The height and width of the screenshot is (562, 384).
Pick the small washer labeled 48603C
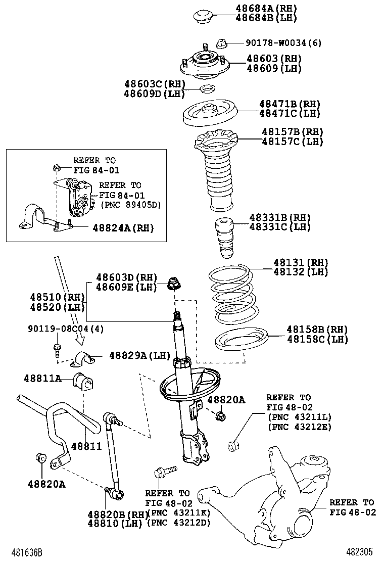coord(207,90)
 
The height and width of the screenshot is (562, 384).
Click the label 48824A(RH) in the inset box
coord(123,228)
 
